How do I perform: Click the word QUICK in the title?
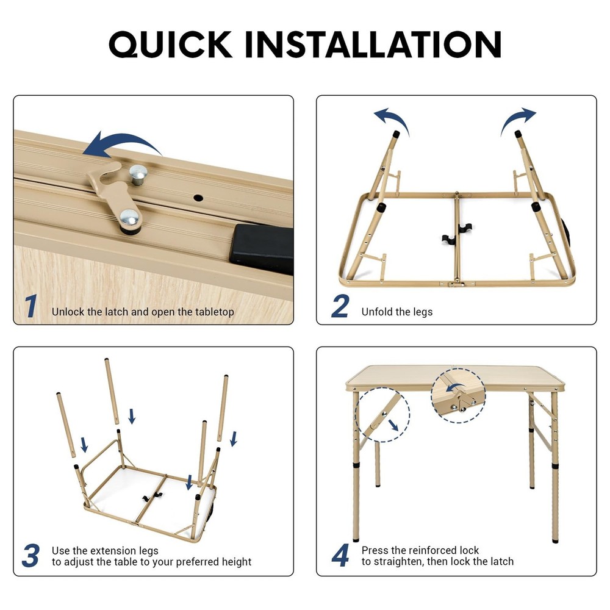171,44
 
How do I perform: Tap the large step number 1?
30,307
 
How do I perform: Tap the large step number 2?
340,307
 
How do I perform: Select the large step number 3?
30,556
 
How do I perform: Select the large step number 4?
340,556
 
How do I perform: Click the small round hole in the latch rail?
199,198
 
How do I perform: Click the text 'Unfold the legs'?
396,312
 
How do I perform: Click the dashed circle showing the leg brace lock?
382,417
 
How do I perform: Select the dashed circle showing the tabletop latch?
458,395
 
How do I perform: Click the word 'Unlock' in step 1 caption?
68,312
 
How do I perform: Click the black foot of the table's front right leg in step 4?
555,538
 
